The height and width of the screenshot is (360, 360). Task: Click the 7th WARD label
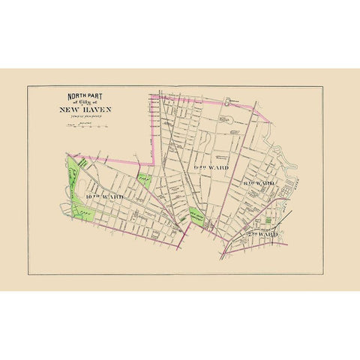(x=263, y=234)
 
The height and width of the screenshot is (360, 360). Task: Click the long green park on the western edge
(x=74, y=187)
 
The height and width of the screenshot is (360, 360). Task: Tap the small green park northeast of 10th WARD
(x=144, y=180)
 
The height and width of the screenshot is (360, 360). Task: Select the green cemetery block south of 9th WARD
(x=197, y=214)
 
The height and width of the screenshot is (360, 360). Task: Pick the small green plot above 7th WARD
(x=268, y=222)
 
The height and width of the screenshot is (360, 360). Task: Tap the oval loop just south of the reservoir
(x=224, y=118)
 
